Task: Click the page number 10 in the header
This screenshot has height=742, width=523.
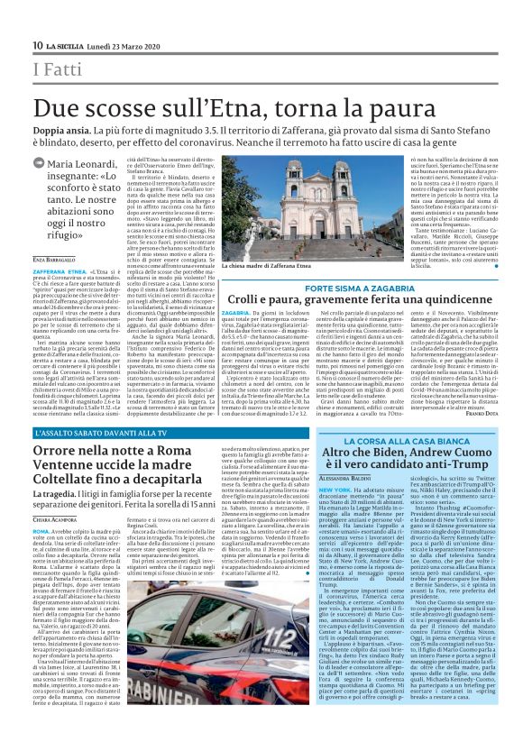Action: [x=37, y=46]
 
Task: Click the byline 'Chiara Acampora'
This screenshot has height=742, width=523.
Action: [x=57, y=545]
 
